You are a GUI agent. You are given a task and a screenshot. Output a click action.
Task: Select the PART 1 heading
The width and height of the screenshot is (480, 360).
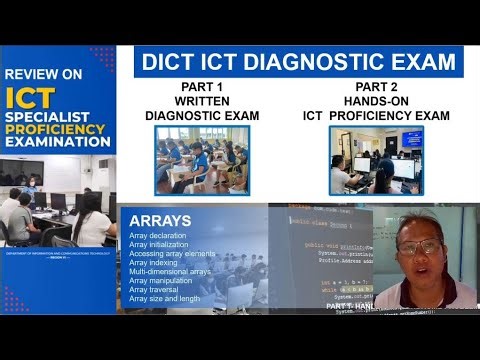(202, 87)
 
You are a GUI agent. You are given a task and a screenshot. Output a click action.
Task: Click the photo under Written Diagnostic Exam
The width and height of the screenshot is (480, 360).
(202, 159)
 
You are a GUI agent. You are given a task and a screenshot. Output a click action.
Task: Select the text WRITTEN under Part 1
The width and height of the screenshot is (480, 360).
(202, 101)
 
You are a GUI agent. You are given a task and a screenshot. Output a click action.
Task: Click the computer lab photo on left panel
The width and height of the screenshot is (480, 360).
(58, 200)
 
